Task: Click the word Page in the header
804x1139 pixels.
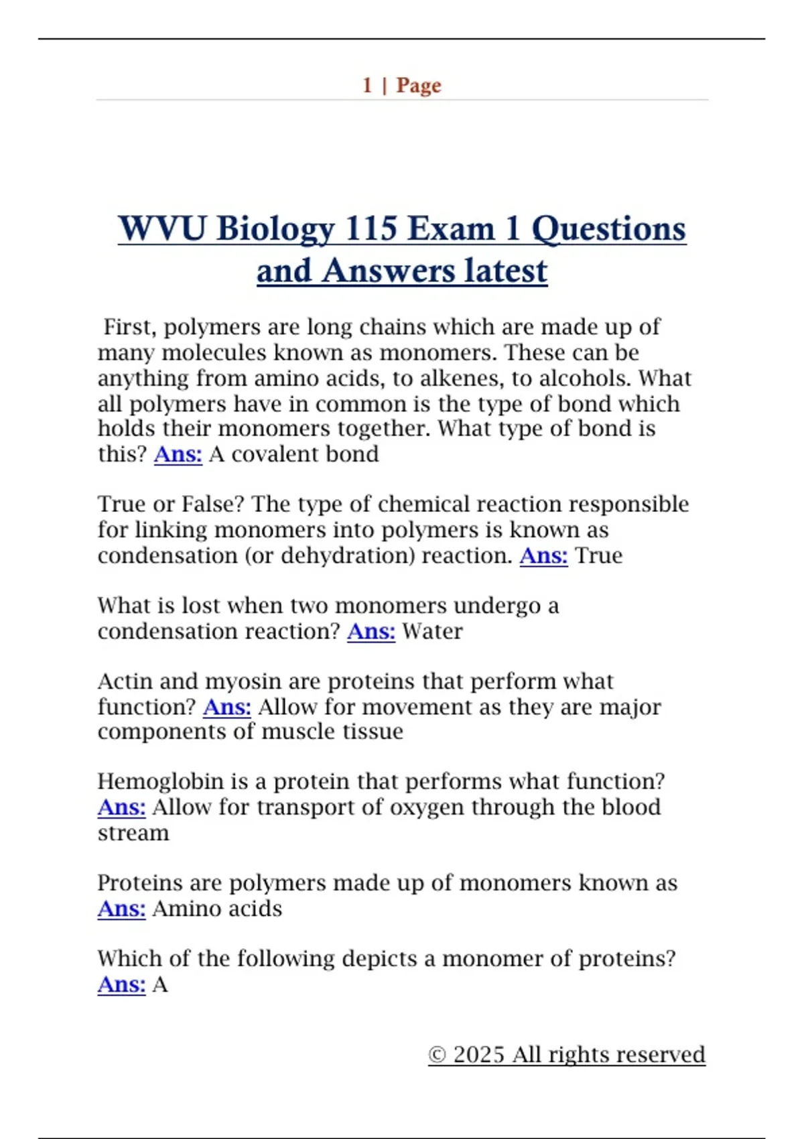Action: pos(419,86)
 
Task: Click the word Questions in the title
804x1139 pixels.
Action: pos(608,229)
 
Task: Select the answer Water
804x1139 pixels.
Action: pos(432,631)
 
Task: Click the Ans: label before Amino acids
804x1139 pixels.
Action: pos(121,909)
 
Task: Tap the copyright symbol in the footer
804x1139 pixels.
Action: pos(437,1055)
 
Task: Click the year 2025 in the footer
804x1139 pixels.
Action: pos(478,1055)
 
